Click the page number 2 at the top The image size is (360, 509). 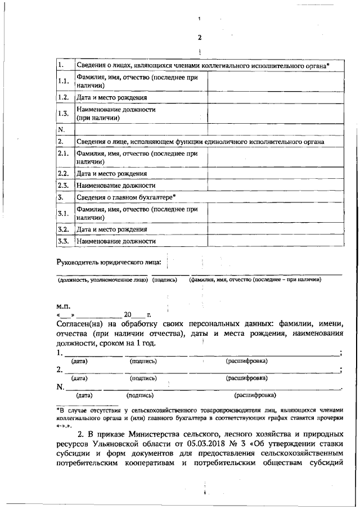click(x=199, y=38)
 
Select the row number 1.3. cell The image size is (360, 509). click(x=64, y=114)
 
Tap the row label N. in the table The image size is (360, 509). click(x=62, y=129)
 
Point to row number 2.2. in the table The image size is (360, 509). click(x=64, y=173)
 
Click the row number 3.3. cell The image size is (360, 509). click(x=64, y=241)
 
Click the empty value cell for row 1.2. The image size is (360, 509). click(x=276, y=97)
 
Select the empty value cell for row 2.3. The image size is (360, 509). click(x=276, y=185)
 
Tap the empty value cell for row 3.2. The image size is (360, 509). click(x=276, y=229)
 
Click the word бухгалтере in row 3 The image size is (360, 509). click(x=155, y=197)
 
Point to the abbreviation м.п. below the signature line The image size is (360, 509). click(x=63, y=307)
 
